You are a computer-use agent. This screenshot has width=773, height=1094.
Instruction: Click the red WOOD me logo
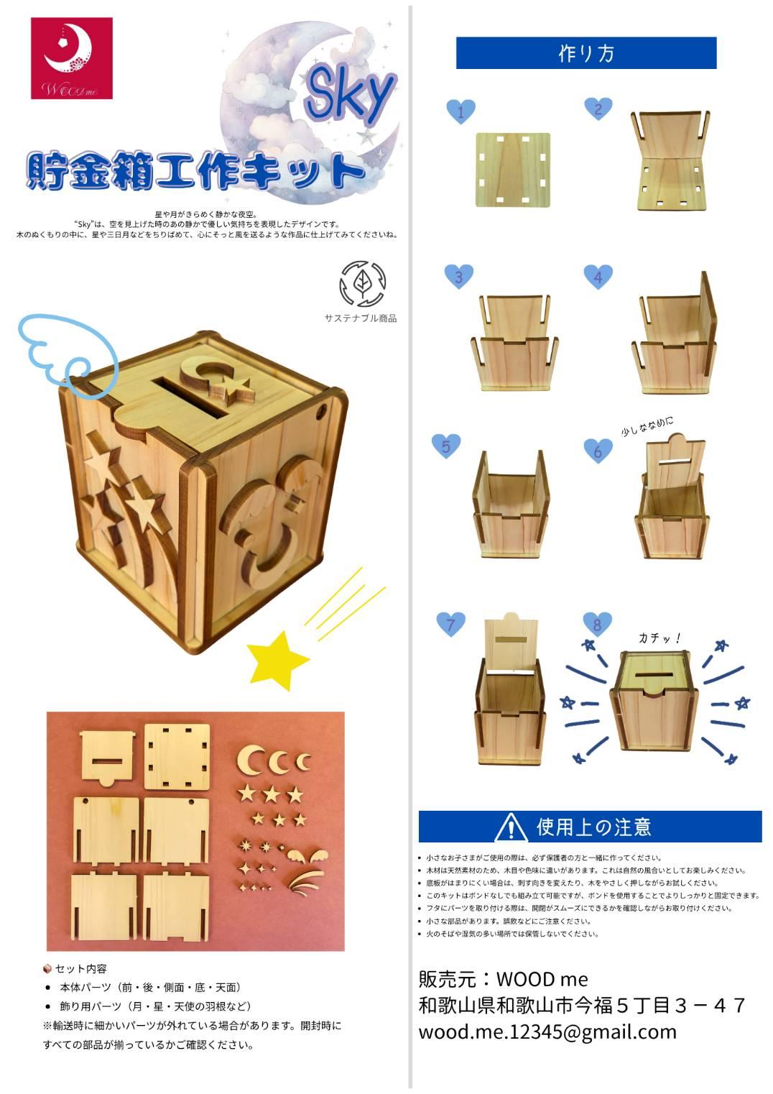click(x=71, y=58)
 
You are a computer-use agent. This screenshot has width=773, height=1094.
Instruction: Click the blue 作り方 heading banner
click(x=585, y=53)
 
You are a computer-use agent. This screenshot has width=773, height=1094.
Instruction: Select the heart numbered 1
click(x=460, y=111)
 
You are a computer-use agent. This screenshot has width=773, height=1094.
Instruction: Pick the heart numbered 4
click(x=598, y=277)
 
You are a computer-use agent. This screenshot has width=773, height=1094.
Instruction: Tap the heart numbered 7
click(x=451, y=623)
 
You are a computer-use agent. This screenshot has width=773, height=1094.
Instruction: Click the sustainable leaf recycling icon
click(x=362, y=284)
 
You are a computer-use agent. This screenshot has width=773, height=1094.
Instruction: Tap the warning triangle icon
click(x=510, y=827)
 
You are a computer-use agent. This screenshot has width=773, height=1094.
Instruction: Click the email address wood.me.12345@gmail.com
click(x=547, y=1032)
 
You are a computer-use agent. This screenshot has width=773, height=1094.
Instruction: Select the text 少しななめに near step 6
click(x=647, y=426)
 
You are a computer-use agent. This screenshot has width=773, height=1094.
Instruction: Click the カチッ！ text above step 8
click(x=659, y=637)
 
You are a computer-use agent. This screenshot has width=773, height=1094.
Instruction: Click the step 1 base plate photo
click(x=513, y=170)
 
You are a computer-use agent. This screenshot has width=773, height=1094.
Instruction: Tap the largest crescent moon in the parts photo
click(x=251, y=759)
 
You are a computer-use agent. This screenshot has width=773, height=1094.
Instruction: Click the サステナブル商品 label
click(x=360, y=318)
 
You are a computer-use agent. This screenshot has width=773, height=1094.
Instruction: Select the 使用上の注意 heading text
click(x=593, y=827)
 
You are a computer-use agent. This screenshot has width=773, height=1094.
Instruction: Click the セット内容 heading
click(x=80, y=968)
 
